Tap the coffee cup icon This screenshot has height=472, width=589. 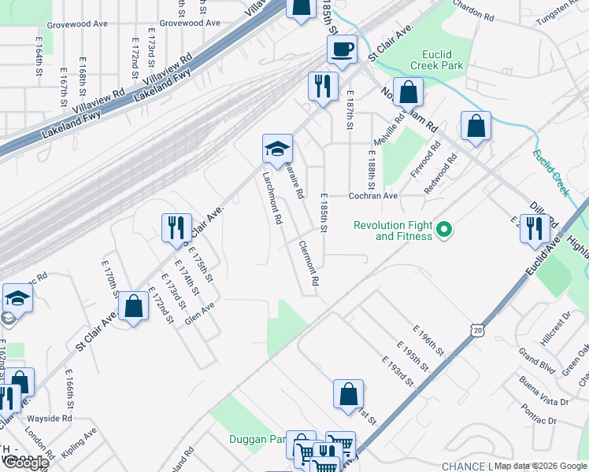coord(342,50)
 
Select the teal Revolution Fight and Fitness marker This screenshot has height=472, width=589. coord(444,230)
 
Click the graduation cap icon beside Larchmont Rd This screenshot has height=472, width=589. coord(277,148)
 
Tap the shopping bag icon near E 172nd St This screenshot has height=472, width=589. coord(134,306)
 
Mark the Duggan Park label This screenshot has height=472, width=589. coord(256,439)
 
